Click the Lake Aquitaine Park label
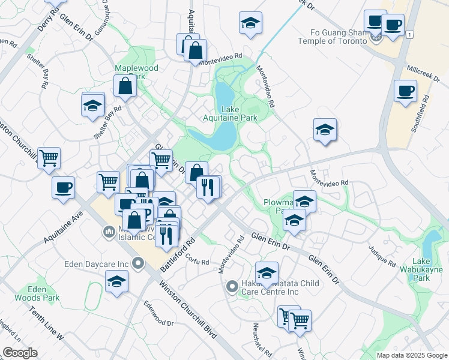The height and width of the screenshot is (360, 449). coord(240,113)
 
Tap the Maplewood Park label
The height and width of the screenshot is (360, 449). coord(137,72)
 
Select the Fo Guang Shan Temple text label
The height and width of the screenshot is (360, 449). coord(333,37)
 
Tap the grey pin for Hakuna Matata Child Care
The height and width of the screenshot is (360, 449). coord(232,288)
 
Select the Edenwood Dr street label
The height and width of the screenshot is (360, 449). coord(158,313)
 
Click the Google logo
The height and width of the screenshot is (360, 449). coord(20,353)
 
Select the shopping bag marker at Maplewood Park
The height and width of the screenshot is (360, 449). coord(125,88)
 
